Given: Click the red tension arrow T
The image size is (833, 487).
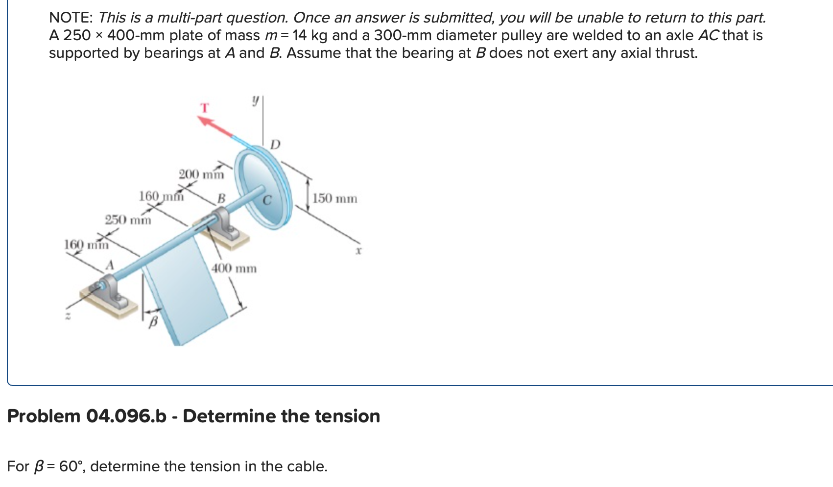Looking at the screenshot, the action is tap(215, 126).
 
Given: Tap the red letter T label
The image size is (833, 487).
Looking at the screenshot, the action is tap(205, 108).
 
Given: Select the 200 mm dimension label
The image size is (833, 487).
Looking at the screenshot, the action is tap(202, 174).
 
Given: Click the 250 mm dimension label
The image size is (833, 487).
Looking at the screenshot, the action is tap(128, 220).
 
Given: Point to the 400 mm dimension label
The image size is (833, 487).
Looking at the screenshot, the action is tap(234, 268).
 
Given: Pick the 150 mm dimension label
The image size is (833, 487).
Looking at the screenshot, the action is tap(334, 198).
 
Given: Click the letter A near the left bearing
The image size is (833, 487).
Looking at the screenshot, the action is tap(109, 265).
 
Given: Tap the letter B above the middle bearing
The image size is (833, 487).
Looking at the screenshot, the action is tap(221, 198).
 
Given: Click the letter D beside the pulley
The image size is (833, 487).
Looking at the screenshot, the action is tap(275, 144).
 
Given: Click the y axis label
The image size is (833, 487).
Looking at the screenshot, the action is tap(255, 100).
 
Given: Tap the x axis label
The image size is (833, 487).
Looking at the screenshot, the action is tap(358, 251).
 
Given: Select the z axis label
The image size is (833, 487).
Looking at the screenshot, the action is tap(68, 316).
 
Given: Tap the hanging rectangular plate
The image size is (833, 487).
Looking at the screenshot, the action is tap(186, 290).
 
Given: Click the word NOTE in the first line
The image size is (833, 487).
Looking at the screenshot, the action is tap(71, 18).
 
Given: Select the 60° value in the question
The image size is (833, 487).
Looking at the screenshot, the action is tap(71, 466).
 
